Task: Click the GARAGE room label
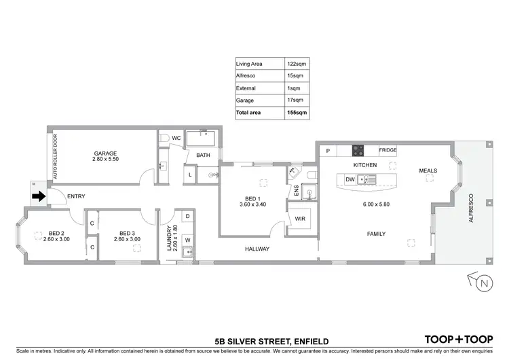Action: click(105, 154)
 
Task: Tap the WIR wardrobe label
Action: click(300, 219)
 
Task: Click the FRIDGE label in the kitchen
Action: click(388, 151)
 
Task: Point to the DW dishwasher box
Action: click(350, 179)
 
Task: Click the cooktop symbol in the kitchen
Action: click(358, 151)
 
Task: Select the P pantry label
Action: click(327, 151)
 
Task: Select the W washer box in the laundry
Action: click(188, 239)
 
